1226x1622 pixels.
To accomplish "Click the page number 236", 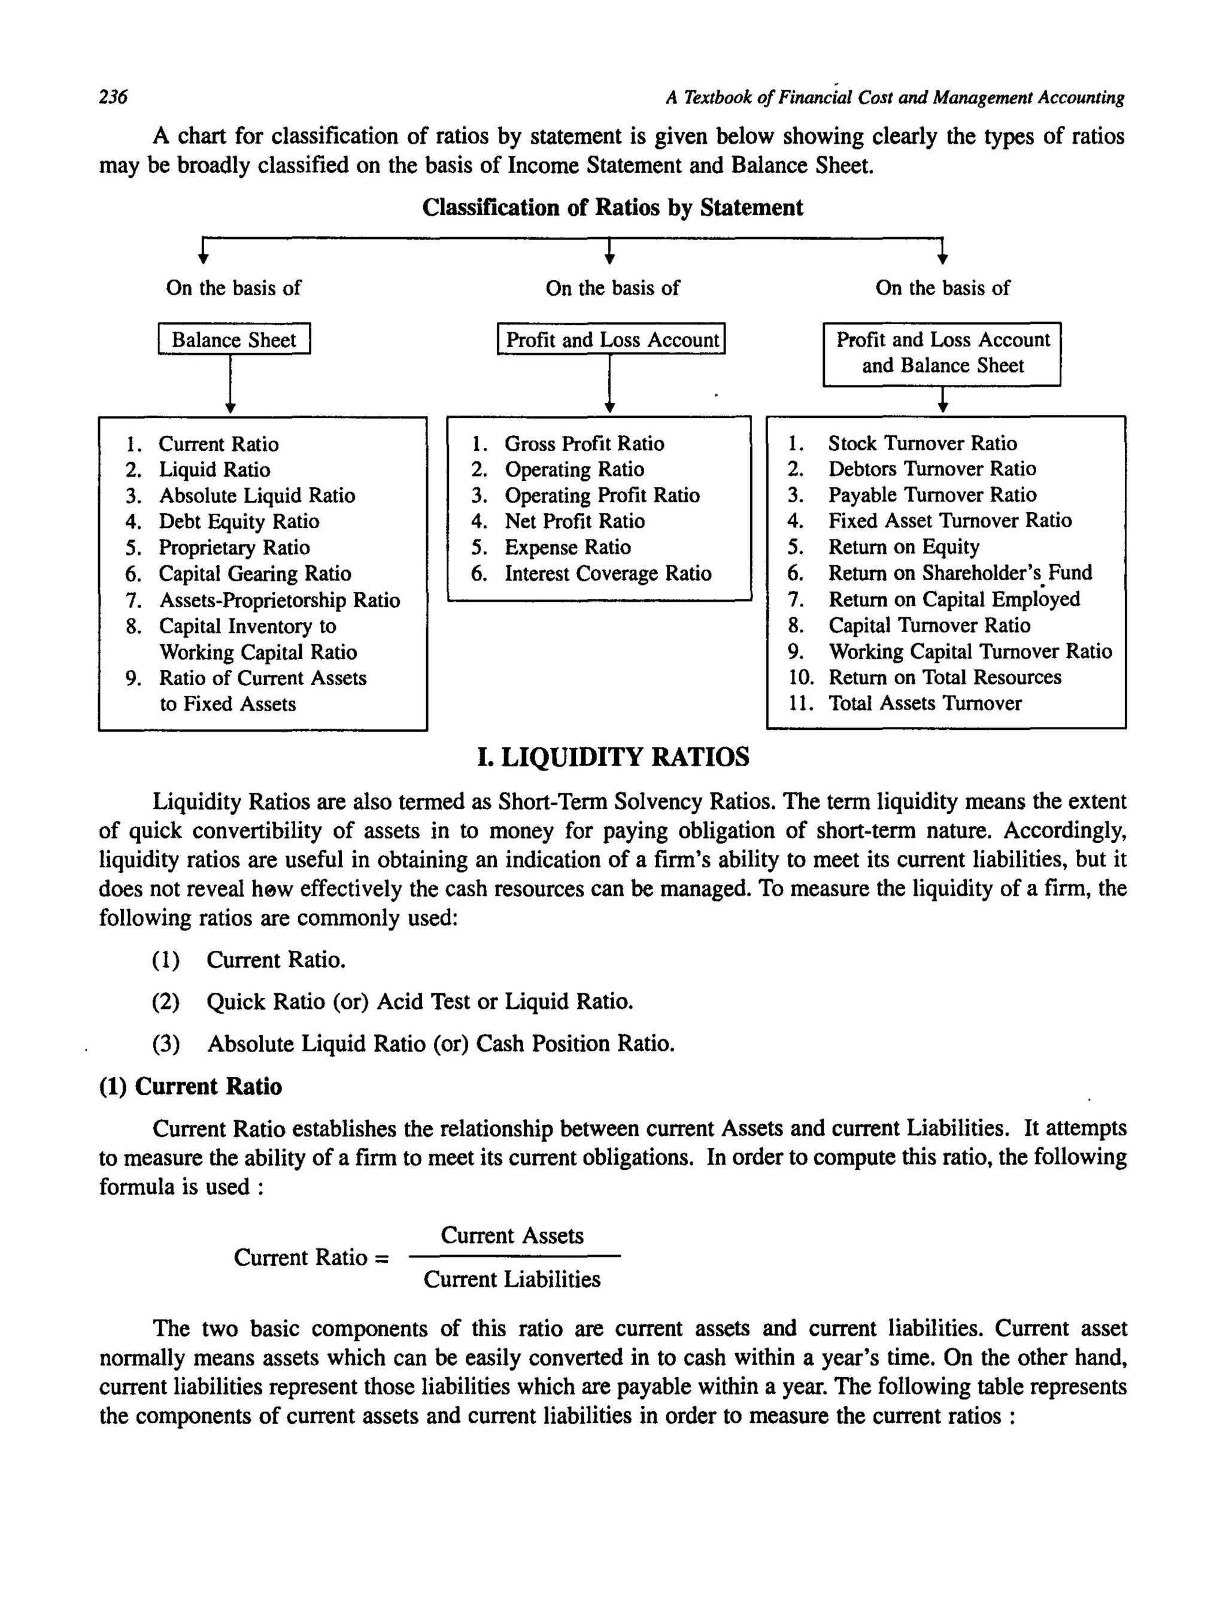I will pos(113,97).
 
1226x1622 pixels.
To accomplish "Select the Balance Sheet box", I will pos(234,339).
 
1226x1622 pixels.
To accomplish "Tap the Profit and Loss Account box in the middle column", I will pos(612,339).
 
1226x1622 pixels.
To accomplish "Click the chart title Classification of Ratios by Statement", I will pos(612,208).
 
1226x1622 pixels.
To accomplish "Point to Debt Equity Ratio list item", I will pos(239,522).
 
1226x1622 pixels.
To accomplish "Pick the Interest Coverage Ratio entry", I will pos(607,574).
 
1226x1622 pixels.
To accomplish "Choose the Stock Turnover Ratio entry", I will pos(922,444).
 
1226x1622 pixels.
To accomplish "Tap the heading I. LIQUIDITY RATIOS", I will pos(613,757).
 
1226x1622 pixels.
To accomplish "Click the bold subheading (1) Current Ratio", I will pos(190,1087).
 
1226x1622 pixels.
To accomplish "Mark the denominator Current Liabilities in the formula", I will pos(512,1280).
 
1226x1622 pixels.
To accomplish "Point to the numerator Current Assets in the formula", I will pos(512,1236).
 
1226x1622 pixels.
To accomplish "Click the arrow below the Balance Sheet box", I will pos(230,385).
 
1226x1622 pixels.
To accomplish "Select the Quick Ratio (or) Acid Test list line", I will pos(420,1002).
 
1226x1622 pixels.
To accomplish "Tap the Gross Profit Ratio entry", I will pos(584,444).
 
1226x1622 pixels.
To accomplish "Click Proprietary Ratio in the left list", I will pos(234,548).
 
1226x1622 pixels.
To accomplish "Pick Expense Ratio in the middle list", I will pos(567,548).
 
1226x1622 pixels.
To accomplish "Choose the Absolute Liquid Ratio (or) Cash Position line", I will pos(440,1044).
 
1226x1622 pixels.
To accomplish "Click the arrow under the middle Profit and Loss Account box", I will pos(609,385).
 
